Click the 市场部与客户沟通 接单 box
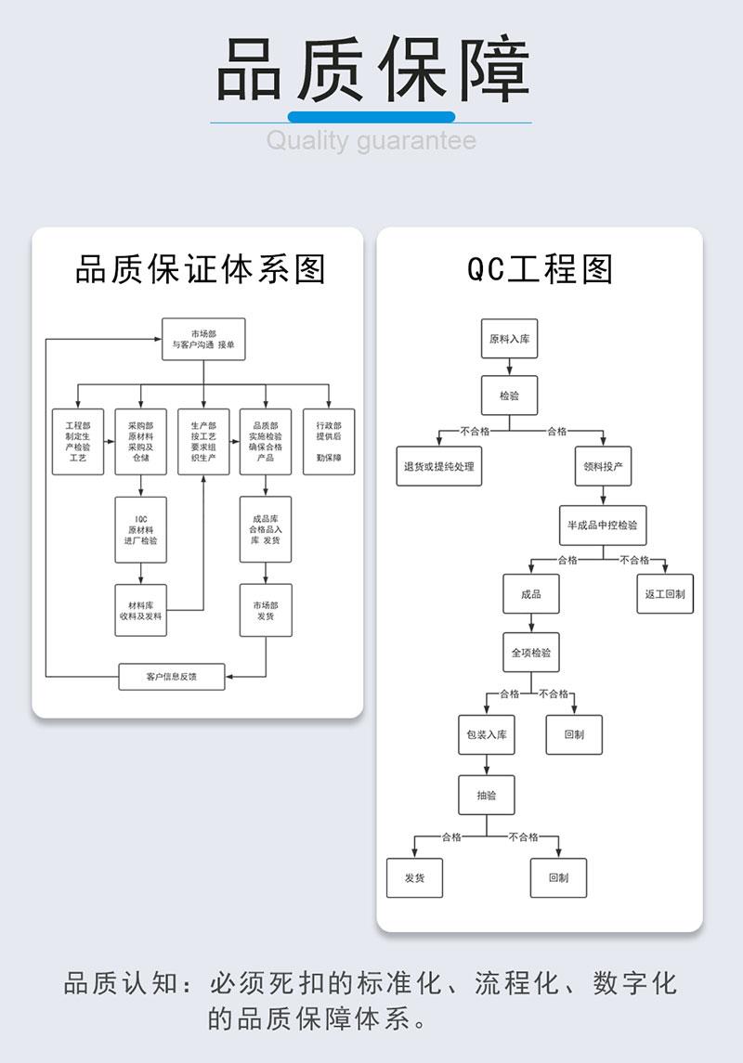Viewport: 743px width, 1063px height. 203,339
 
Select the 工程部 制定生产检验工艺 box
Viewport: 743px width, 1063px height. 77,442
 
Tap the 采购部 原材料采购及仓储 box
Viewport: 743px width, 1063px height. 140,442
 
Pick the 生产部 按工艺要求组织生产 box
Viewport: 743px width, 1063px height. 203,442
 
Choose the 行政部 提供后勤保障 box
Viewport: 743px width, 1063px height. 329,442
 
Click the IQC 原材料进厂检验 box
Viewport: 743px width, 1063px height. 140,530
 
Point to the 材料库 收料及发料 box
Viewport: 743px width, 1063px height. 140,610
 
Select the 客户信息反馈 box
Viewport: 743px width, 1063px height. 172,676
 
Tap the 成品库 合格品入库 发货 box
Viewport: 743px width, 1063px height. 266,530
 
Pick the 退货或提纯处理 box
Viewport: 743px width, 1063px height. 438,466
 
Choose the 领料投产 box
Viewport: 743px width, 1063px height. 603,466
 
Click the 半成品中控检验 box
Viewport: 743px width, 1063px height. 603,525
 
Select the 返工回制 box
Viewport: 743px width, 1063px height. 665,593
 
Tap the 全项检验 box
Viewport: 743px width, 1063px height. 531,653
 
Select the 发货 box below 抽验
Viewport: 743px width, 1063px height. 414,877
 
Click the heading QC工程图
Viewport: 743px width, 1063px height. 540,269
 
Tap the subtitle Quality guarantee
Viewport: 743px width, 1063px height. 371,141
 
